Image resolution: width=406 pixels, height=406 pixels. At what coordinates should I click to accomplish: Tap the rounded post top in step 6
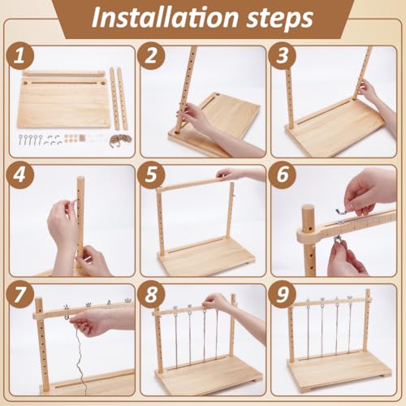coord(308,213)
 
